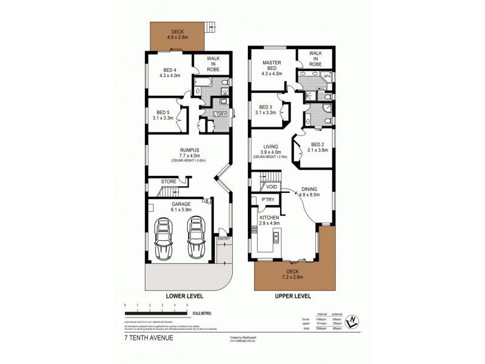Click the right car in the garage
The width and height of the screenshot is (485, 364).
pyautogui.click(x=196, y=238)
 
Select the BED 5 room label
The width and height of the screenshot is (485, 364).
pyautogui.click(x=162, y=112)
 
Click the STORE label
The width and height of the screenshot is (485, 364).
pyautogui.click(x=169, y=181)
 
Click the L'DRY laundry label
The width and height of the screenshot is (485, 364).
pyautogui.click(x=219, y=114)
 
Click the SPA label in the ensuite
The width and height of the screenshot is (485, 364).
pyautogui.click(x=327, y=76)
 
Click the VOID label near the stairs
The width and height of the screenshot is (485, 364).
pyautogui.click(x=272, y=187)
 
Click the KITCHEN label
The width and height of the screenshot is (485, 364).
pyautogui.click(x=269, y=217)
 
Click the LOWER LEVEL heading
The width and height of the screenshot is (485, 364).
pyautogui.click(x=184, y=296)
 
